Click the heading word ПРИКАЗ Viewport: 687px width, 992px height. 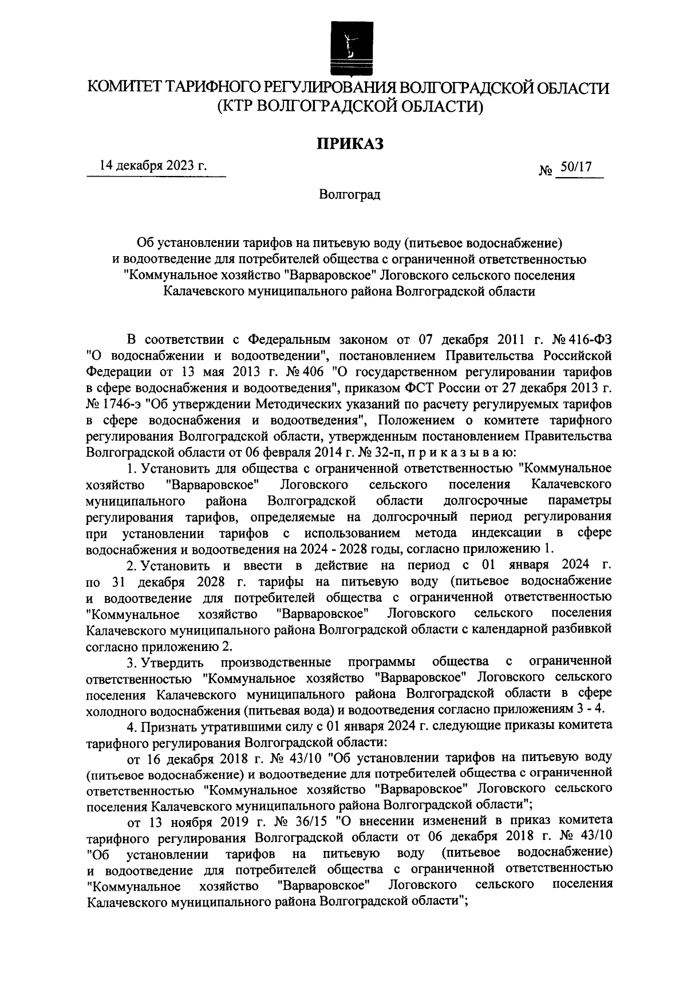coord(350,143)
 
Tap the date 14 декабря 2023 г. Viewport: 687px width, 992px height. coord(153,167)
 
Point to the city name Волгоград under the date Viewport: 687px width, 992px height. coord(350,194)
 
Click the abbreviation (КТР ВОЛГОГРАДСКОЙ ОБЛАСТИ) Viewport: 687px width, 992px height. coord(350,107)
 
